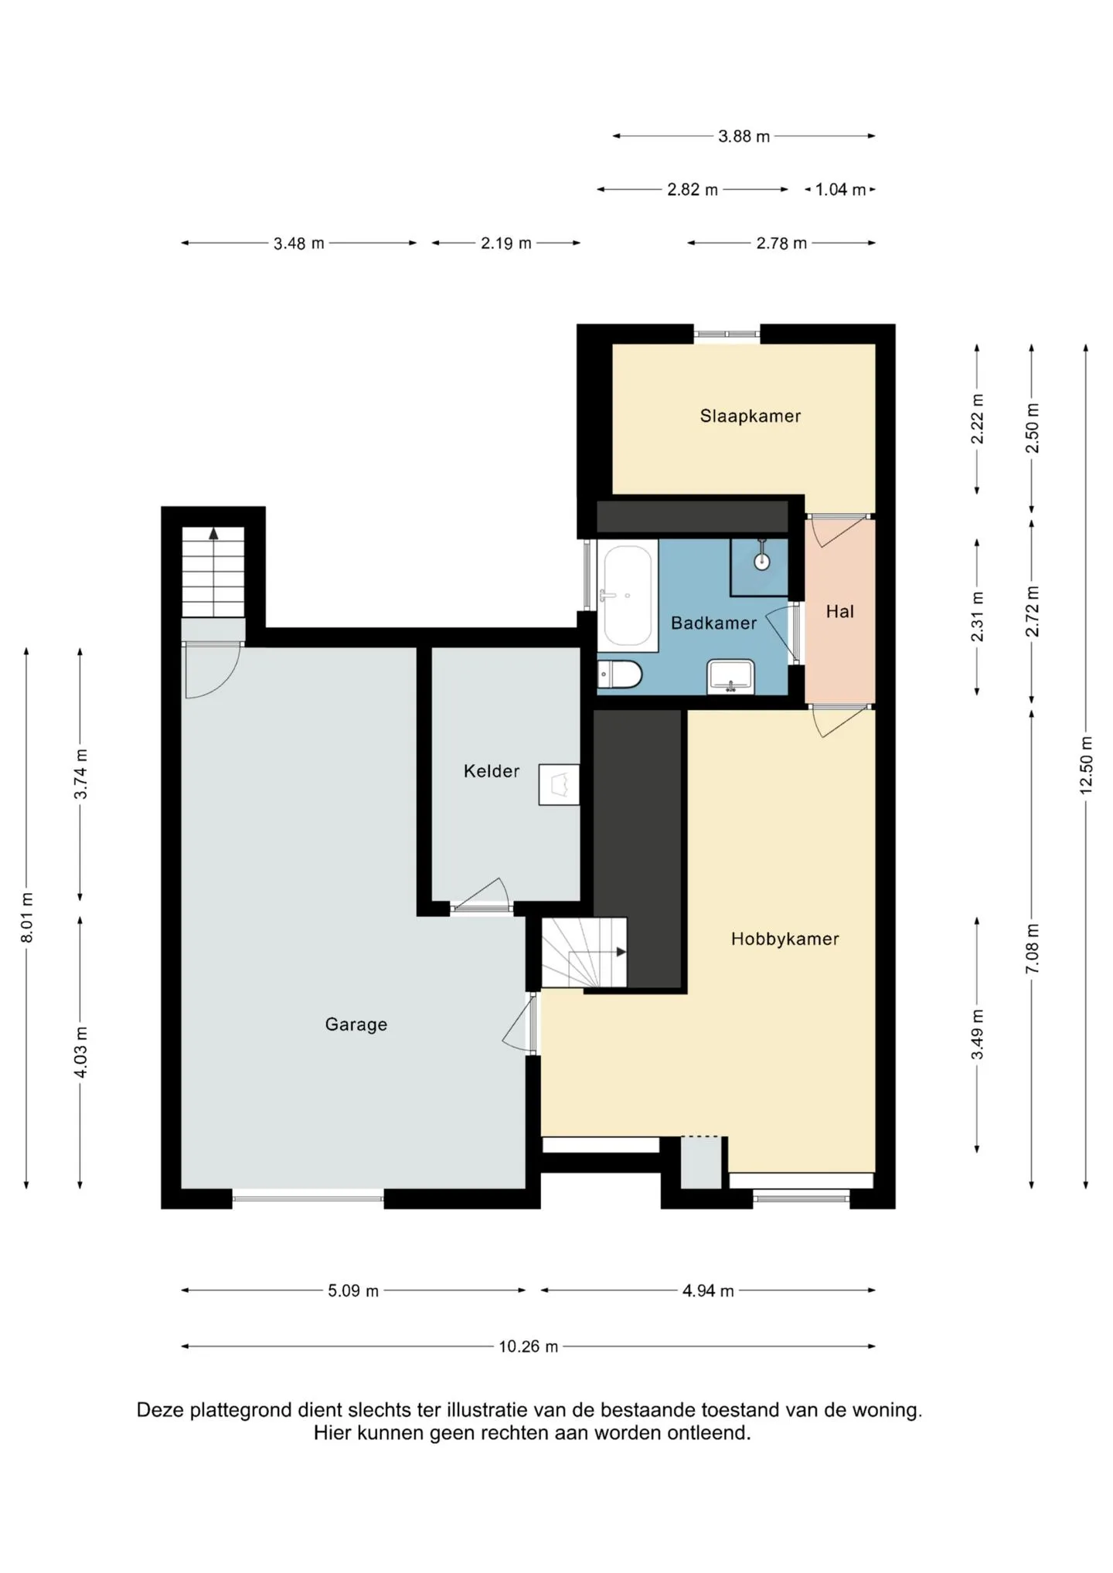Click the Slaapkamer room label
click(750, 416)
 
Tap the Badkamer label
click(713, 623)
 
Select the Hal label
click(839, 612)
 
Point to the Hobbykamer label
click(785, 939)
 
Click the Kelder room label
click(492, 771)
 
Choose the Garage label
click(356, 1024)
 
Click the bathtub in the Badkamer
click(627, 596)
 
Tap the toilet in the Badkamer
click(620, 674)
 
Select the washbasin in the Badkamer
click(730, 676)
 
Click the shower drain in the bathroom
click(762, 561)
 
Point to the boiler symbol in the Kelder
click(559, 785)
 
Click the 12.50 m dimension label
click(1086, 765)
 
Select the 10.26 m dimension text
click(528, 1347)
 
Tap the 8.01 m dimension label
click(27, 917)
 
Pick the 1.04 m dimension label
click(841, 189)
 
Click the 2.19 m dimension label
click(506, 243)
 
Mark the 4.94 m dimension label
click(708, 1291)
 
